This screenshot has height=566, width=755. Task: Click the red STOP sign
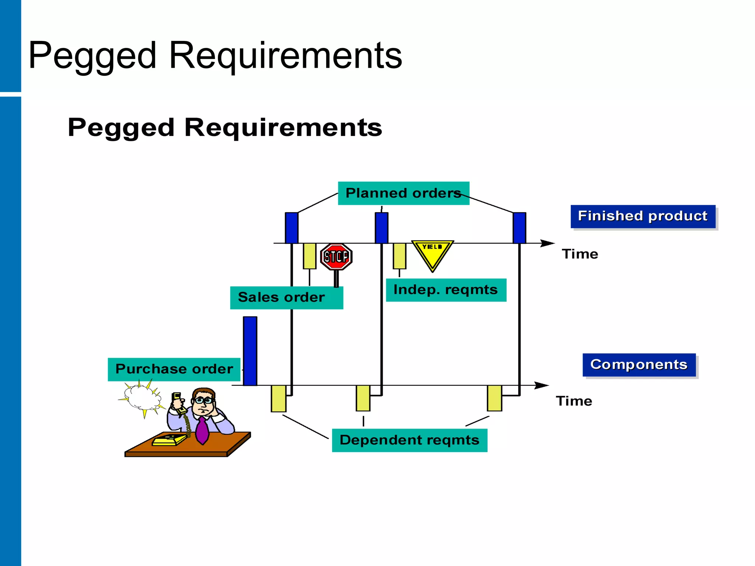[x=336, y=256]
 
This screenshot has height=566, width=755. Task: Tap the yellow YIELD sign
[x=432, y=254]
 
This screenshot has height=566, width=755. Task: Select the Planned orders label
[x=403, y=193]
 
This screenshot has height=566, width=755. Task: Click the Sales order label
[x=286, y=297]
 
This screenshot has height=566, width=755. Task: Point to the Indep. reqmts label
[x=446, y=290]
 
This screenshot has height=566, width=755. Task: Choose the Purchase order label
[x=174, y=369]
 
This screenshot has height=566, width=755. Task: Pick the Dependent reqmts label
[x=409, y=440]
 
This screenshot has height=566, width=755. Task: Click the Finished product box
[x=643, y=216]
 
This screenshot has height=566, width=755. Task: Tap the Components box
[x=639, y=365]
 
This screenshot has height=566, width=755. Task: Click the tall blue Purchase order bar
[x=250, y=351]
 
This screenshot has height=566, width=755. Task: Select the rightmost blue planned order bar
[x=519, y=228]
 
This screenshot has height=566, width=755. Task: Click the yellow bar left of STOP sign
[x=309, y=256]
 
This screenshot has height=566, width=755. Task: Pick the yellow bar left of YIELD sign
[x=399, y=256]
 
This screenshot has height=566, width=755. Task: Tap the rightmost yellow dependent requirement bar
[x=494, y=398]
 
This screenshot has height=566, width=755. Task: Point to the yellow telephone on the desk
[x=169, y=440]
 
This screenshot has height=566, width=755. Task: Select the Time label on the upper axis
[x=580, y=254]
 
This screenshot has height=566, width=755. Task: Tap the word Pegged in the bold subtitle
[x=121, y=128]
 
